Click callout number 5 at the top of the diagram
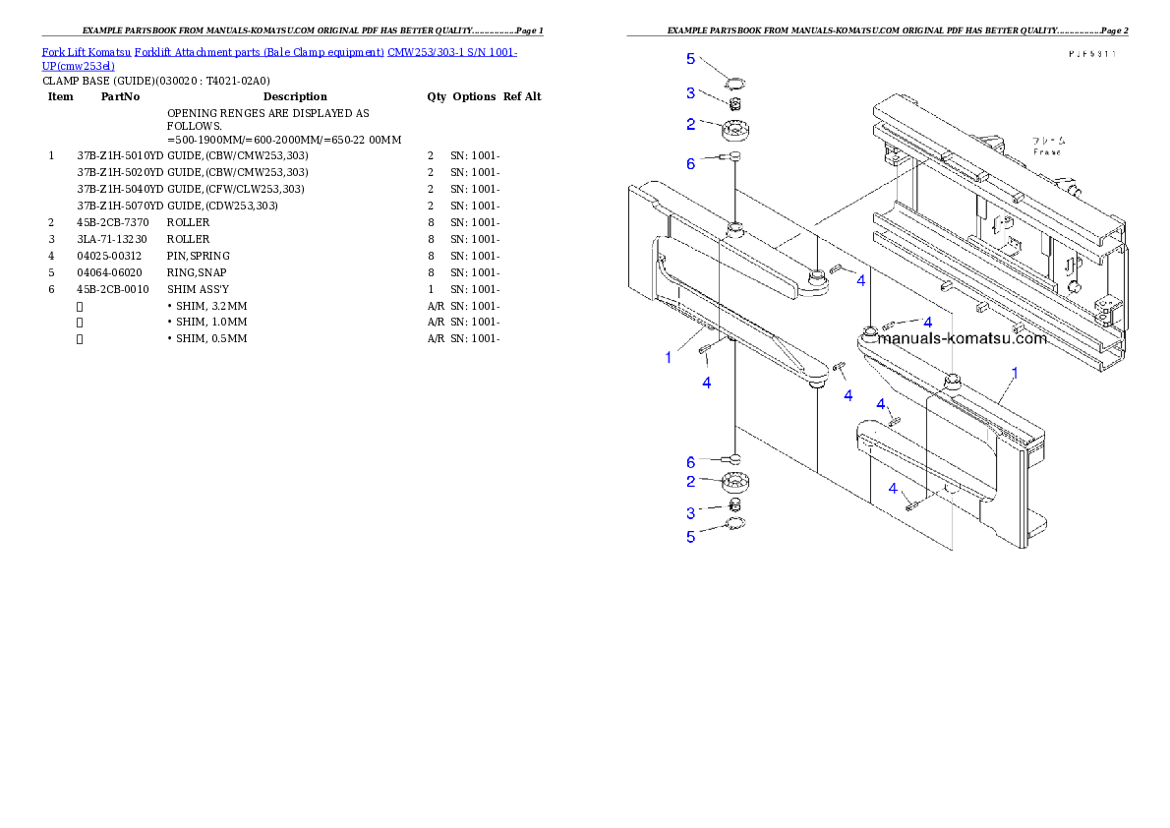pos(690,59)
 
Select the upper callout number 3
pos(690,92)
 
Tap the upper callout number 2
pos(690,124)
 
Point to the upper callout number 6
pos(690,163)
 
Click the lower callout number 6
pos(690,461)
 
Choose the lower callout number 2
pos(690,481)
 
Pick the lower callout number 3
pos(690,512)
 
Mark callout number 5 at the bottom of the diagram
pos(690,537)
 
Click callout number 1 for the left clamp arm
pos(669,357)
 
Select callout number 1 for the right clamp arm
pos(1015,373)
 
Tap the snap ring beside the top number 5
pos(735,83)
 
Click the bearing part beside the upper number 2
pos(736,129)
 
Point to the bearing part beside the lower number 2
pos(735,484)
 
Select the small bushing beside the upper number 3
pos(733,103)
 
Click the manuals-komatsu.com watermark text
pos(963,339)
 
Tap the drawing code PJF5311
pos(1092,56)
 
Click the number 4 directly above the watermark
pos(926,321)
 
